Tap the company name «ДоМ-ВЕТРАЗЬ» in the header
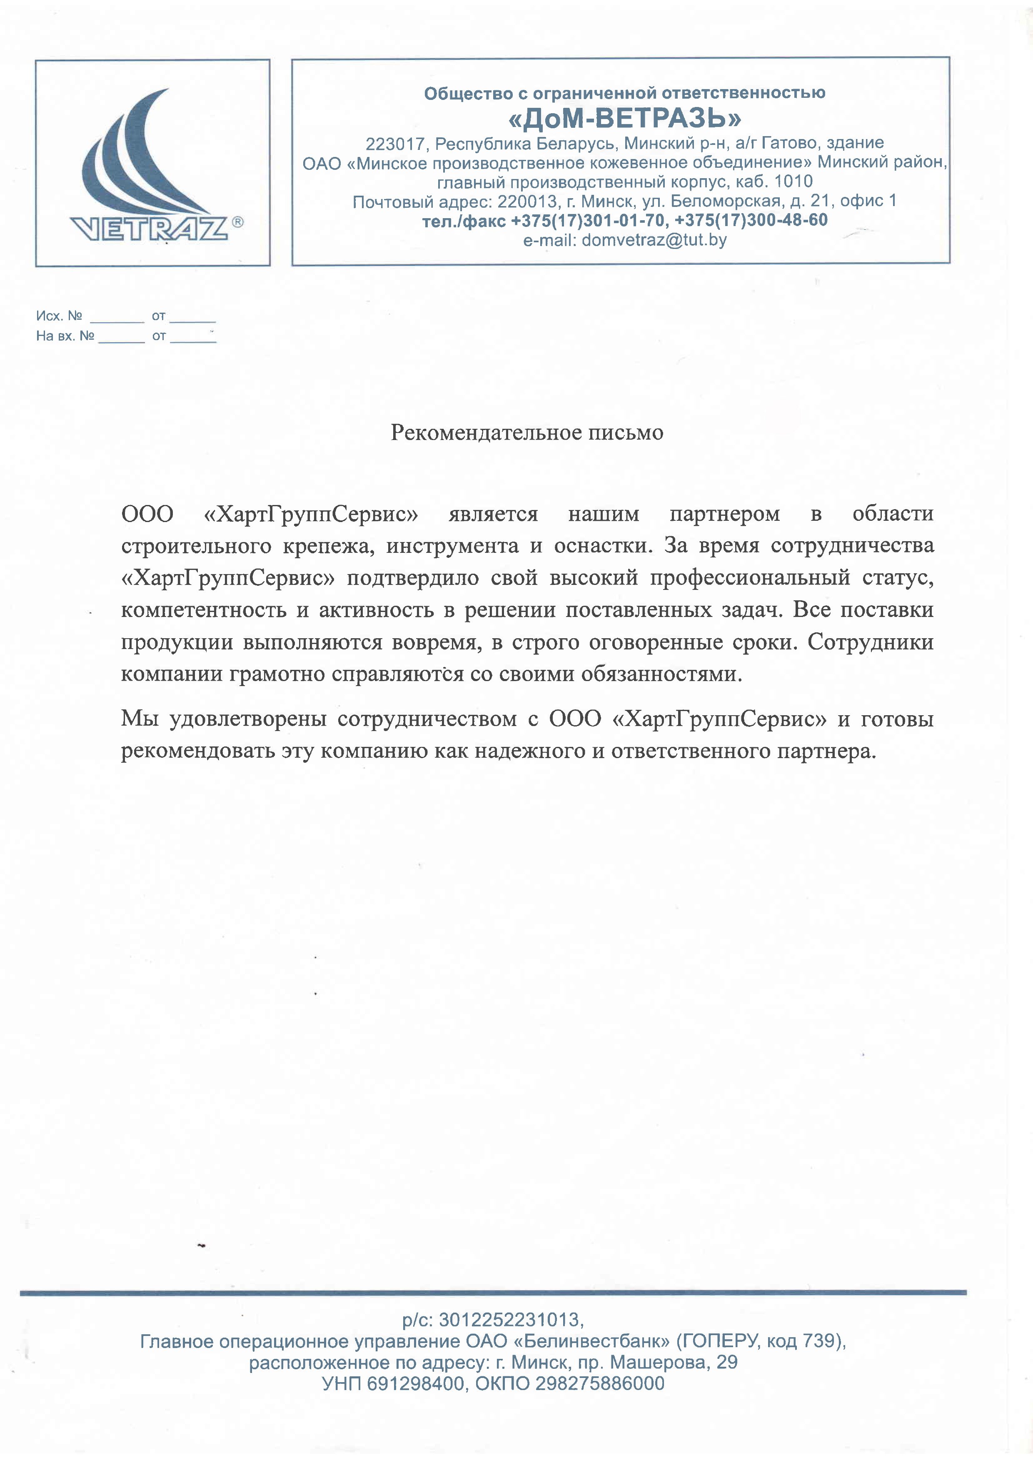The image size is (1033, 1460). pos(625,118)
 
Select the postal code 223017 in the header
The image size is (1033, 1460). pos(394,143)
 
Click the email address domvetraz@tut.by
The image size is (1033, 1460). pos(654,240)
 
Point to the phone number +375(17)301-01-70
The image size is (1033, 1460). pos(589,221)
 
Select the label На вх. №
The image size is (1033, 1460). pos(65,336)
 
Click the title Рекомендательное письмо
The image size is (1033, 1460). pos(526,433)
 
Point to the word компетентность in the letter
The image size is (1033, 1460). pos(204,610)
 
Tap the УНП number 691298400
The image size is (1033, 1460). pos(415,1384)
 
